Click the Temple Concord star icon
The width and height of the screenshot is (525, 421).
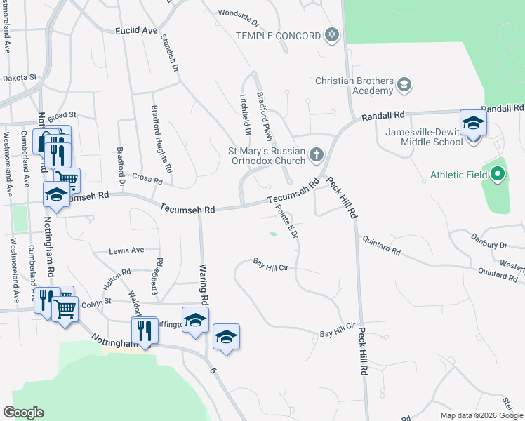332,35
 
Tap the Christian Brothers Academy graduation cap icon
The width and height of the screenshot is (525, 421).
404,86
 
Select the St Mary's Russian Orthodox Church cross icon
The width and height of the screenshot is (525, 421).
317,154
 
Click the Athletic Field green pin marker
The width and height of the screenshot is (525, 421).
498,173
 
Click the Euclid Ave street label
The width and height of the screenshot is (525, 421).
136,31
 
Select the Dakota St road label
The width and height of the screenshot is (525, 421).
19,79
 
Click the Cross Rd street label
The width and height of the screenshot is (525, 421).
147,180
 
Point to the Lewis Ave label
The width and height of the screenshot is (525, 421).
126,250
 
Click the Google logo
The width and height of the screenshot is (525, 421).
24,413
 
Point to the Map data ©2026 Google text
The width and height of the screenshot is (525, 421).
481,415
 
